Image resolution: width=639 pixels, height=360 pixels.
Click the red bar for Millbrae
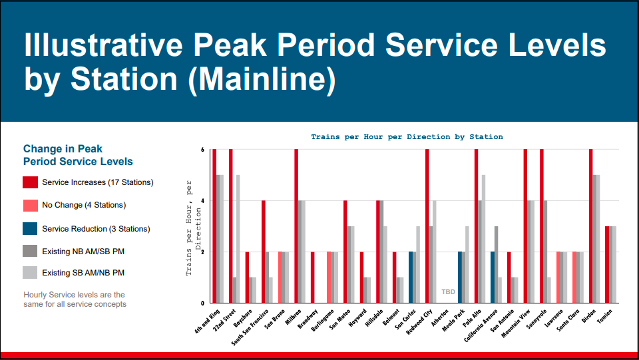click(x=296, y=226)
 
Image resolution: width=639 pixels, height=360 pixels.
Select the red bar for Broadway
click(x=312, y=277)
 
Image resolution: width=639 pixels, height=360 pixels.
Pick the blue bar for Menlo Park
click(x=459, y=277)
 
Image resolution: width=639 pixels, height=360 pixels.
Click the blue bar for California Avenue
click(x=492, y=277)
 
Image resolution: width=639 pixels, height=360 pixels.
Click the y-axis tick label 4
click(x=202, y=201)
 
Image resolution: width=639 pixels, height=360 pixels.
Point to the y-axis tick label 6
click(x=202, y=150)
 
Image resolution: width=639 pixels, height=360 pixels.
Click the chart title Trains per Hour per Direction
click(x=407, y=136)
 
